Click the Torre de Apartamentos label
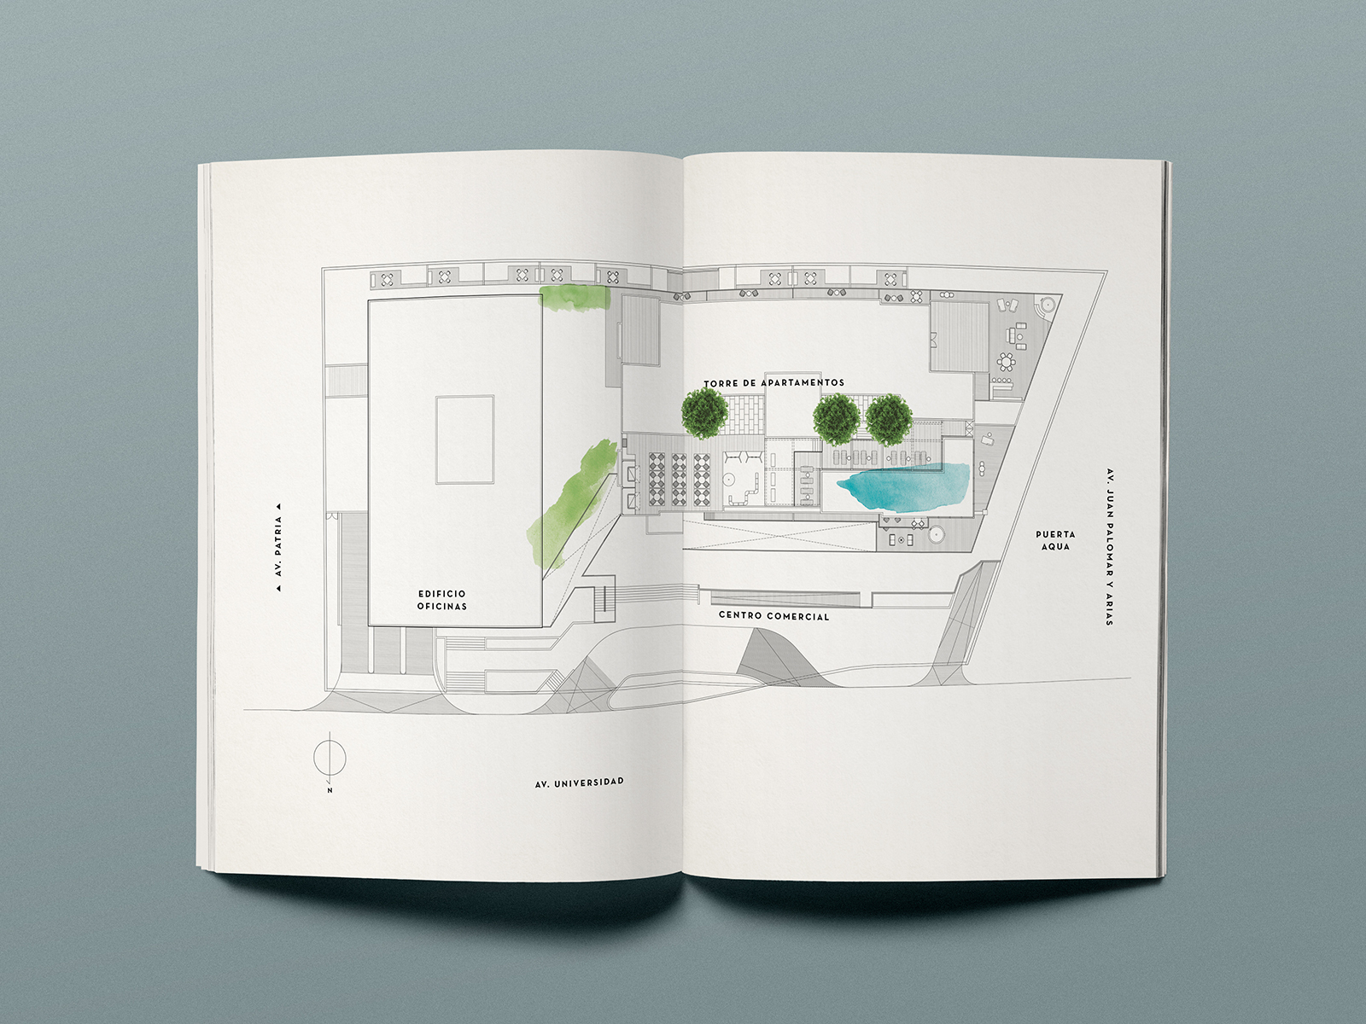pos(774,383)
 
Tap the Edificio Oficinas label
pos(442,600)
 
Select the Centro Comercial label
pos(773,616)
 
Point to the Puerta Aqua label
pos(1055,540)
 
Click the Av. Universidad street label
pos(580,783)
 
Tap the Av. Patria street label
pos(279,546)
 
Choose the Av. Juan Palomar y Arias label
pos(1110,546)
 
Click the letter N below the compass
pos(330,790)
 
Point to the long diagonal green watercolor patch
pos(568,503)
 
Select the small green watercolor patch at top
pos(575,298)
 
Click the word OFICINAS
pos(442,606)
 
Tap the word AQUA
pos(1055,546)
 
